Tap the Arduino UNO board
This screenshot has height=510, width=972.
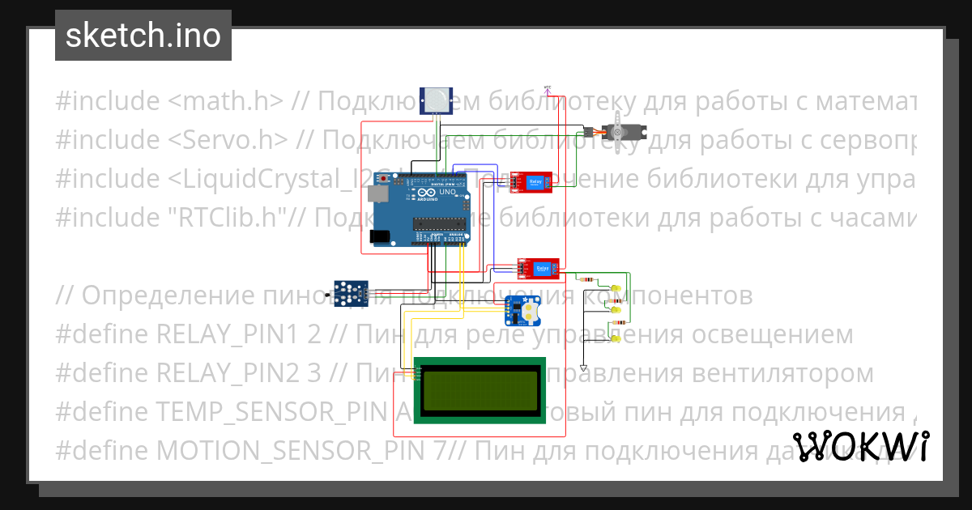pos(421,210)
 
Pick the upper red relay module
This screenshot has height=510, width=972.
pos(531,183)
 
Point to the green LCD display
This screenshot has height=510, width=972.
pos(479,389)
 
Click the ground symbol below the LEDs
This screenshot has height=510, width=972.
pos(583,368)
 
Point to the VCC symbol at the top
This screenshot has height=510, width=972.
pos(547,88)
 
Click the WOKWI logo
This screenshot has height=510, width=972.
pos(860,447)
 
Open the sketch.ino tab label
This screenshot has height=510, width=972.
pos(143,36)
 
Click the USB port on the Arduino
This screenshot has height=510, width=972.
pos(376,194)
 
